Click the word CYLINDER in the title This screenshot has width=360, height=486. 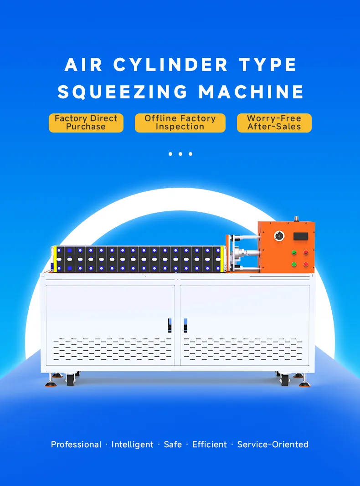pyautogui.click(x=170, y=65)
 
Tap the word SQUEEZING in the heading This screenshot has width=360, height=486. pyautogui.click(x=123, y=92)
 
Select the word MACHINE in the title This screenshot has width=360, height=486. pyautogui.click(x=251, y=92)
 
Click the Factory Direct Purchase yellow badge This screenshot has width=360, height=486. pyautogui.click(x=86, y=123)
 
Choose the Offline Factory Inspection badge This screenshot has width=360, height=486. pyautogui.click(x=180, y=123)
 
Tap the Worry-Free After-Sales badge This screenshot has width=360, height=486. pyautogui.click(x=274, y=123)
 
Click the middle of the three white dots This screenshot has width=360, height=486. pyautogui.click(x=180, y=154)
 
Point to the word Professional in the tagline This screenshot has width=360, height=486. pyautogui.click(x=76, y=445)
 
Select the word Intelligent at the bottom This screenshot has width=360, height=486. pyautogui.click(x=133, y=445)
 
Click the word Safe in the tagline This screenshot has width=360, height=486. pyautogui.click(x=173, y=445)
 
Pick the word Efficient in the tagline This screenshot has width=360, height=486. pyautogui.click(x=209, y=445)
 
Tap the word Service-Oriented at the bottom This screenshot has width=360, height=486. pyautogui.click(x=273, y=445)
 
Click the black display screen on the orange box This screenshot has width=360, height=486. pyautogui.click(x=300, y=236)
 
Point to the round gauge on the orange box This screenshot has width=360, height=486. pyautogui.click(x=279, y=236)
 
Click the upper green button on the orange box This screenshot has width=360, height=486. pyautogui.click(x=294, y=253)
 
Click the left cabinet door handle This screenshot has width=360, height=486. pyautogui.click(x=170, y=326)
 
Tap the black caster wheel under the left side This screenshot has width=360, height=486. pyautogui.click(x=71, y=380)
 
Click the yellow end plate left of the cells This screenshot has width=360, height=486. pyautogui.click(x=55, y=259)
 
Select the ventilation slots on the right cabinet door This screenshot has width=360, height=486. pyautogui.click(x=242, y=349)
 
